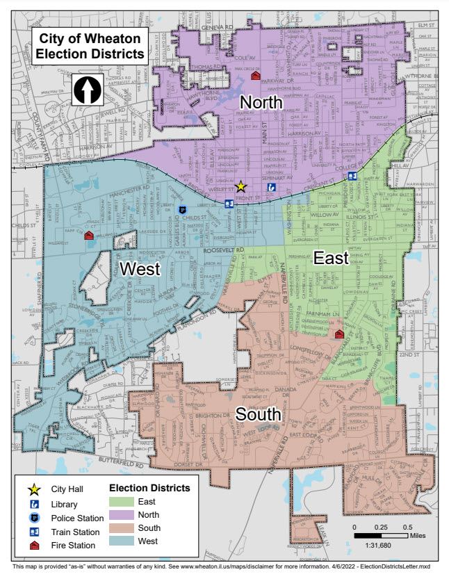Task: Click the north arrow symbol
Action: click(88, 90)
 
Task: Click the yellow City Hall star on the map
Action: click(240, 186)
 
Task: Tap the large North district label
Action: click(261, 103)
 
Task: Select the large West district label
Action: click(141, 268)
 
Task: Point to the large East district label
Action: click(331, 258)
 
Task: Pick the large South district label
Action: click(258, 414)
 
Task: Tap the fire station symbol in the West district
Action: click(89, 236)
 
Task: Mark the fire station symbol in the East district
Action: click(339, 334)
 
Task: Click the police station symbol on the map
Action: click(183, 210)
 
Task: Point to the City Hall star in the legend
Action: click(33, 489)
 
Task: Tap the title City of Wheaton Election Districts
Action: click(90, 46)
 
